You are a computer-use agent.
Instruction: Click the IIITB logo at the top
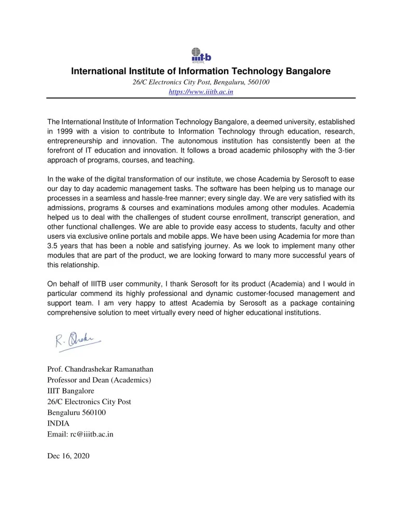click(201, 54)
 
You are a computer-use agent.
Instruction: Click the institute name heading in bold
click(201, 71)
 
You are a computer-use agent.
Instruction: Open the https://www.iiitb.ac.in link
click(201, 92)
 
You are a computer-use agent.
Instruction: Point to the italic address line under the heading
click(201, 82)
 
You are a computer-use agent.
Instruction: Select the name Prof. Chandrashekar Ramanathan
click(100, 370)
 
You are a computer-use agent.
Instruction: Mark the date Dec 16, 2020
click(68, 456)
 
